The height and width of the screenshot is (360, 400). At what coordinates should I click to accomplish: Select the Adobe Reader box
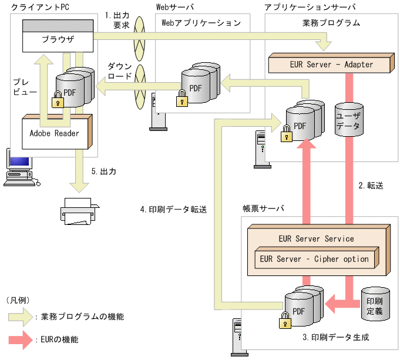click(55, 133)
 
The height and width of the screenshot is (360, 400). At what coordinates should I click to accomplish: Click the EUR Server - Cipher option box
click(314, 259)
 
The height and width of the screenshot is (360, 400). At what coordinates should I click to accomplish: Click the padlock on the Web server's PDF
click(182, 96)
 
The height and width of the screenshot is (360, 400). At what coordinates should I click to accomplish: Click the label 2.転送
click(371, 186)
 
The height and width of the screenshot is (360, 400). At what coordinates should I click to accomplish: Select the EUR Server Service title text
click(315, 239)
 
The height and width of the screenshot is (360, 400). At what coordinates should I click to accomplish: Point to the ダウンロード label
click(120, 71)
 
